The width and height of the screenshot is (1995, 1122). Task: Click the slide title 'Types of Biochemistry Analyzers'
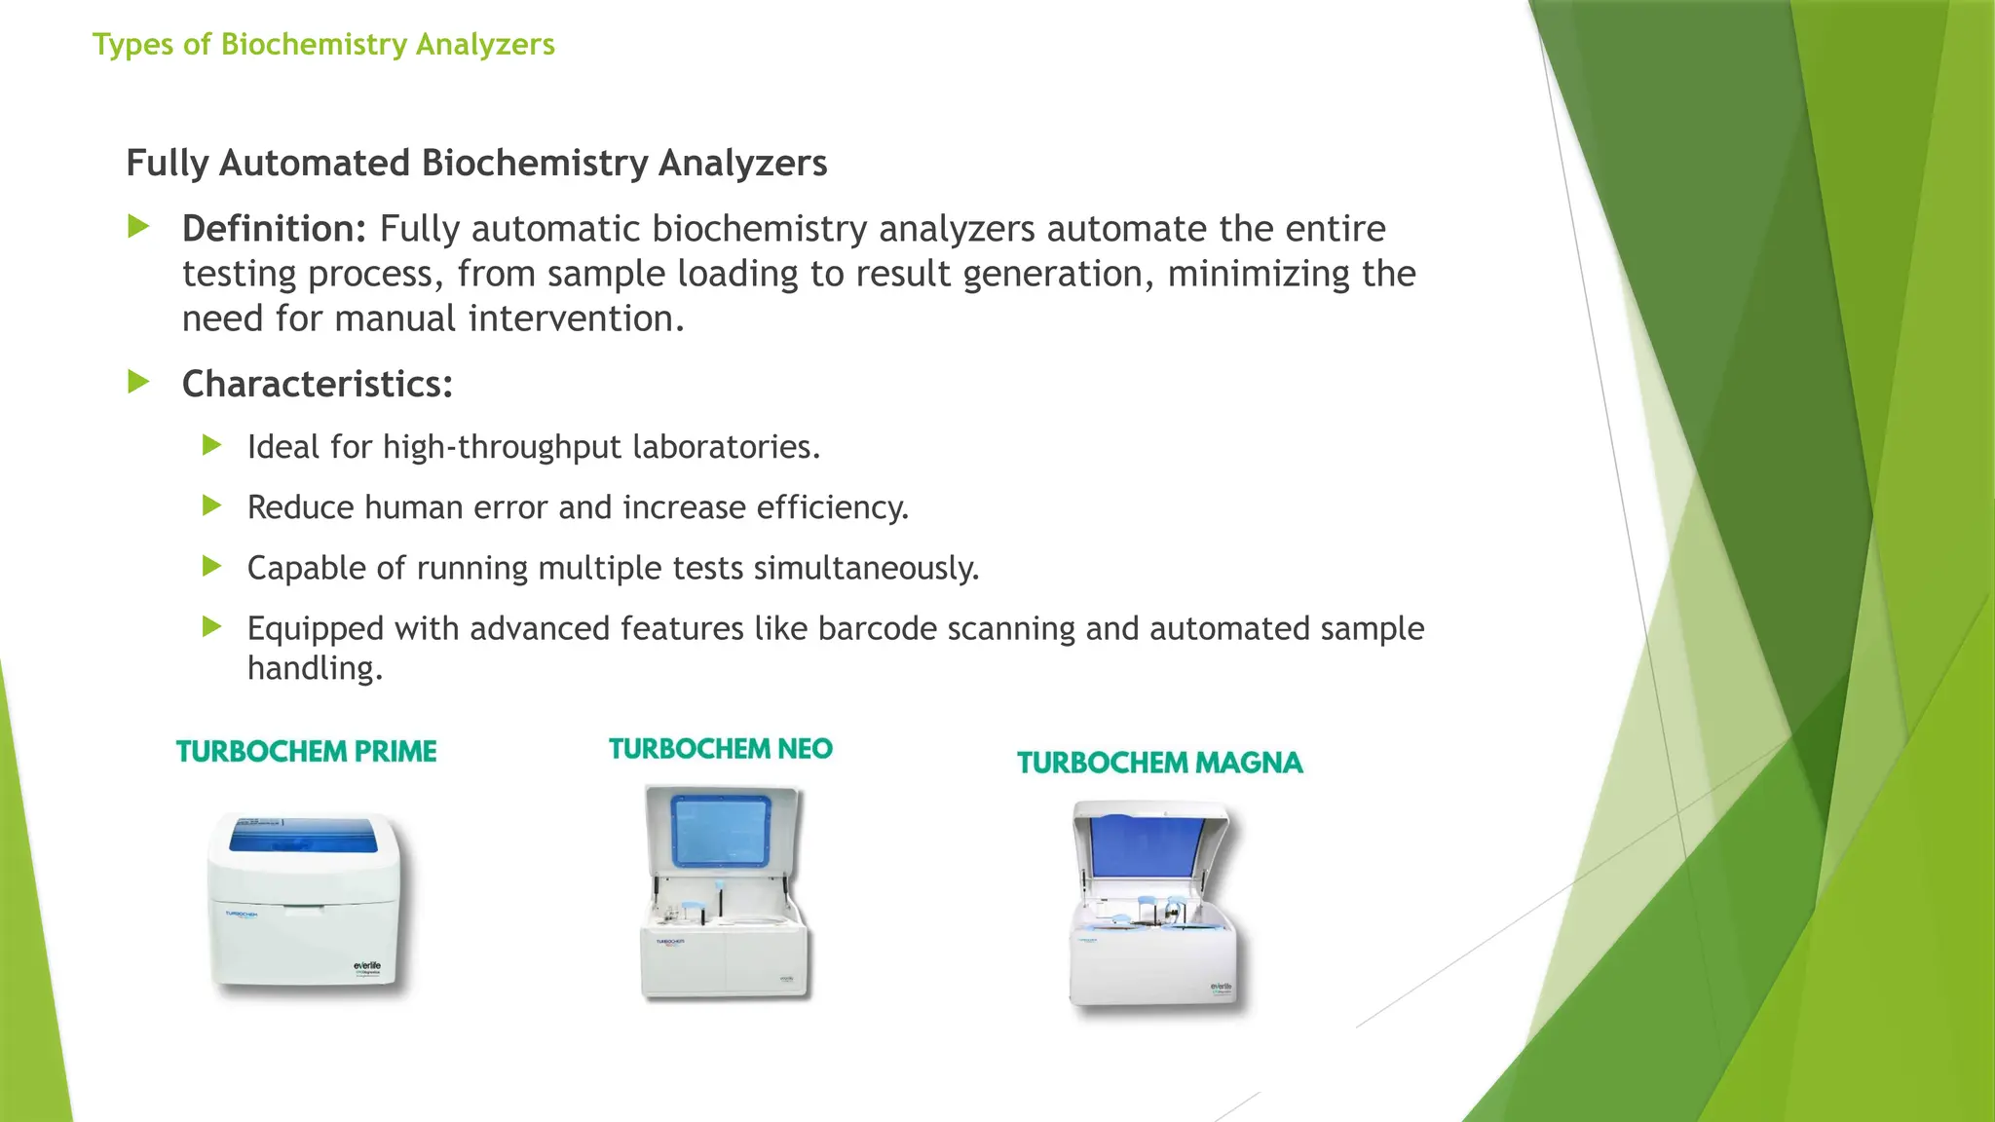323,45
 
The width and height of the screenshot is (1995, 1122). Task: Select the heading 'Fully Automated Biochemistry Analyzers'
476,163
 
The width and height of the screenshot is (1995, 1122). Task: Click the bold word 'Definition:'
274,229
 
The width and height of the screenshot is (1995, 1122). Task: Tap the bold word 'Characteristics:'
318,384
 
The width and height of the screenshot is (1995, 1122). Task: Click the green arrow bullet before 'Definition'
139,228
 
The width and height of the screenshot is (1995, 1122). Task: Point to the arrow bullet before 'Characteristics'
139,383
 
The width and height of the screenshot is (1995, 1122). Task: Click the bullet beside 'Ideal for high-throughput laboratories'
212,446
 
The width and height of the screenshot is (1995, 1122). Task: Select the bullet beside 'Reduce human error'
212,506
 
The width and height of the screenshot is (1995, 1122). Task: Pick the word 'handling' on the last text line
315,668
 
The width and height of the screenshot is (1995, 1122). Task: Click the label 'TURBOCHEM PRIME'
306,752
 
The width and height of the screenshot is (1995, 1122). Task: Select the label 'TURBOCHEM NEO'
721,749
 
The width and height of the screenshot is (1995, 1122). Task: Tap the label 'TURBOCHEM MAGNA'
1159,763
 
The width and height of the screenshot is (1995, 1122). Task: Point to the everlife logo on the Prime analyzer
367,966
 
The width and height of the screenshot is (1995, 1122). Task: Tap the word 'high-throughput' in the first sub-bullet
502,447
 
